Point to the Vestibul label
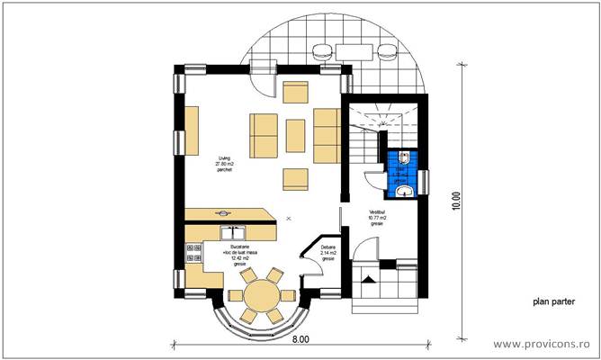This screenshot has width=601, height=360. point(377,213)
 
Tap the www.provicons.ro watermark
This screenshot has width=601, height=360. point(543,343)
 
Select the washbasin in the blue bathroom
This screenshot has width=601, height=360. point(406,189)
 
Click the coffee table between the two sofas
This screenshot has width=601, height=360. point(297,135)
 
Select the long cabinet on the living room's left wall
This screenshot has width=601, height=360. point(192,130)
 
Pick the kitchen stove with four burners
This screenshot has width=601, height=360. point(193,254)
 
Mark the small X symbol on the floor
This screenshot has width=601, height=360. point(288,218)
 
